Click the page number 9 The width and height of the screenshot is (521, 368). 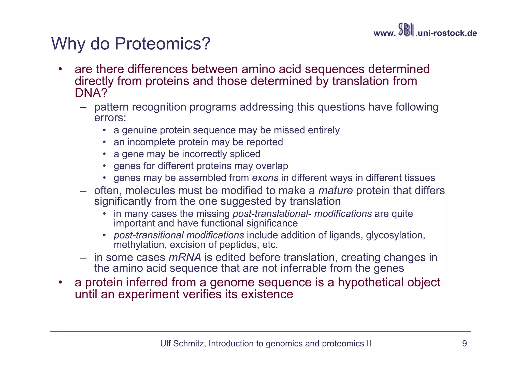[x=464, y=344]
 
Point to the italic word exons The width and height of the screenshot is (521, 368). [x=265, y=178]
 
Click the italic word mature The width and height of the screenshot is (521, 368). [x=335, y=190]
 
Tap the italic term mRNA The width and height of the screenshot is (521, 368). [x=185, y=257]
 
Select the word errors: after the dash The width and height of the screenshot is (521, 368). [x=110, y=118]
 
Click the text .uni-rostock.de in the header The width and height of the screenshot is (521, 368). [x=446, y=33]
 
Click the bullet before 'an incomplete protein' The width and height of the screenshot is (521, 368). [x=104, y=142]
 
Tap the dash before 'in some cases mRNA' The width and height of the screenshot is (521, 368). [x=83, y=258]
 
